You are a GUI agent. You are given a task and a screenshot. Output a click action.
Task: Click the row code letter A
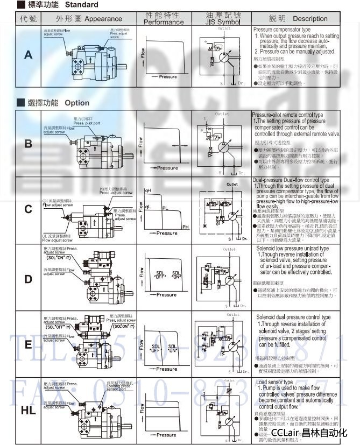click(28, 55)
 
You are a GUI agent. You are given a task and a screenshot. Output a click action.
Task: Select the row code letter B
click(28, 144)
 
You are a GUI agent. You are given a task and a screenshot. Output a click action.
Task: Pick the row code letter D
click(28, 279)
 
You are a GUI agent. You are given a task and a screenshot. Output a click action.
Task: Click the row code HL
click(28, 411)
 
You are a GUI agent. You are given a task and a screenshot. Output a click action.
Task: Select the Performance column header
click(164, 22)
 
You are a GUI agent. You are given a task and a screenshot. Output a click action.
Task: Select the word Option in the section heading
click(77, 103)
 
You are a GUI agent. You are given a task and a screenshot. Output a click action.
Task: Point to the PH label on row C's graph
click(186, 228)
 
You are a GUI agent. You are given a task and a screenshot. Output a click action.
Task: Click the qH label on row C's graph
click(148, 191)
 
